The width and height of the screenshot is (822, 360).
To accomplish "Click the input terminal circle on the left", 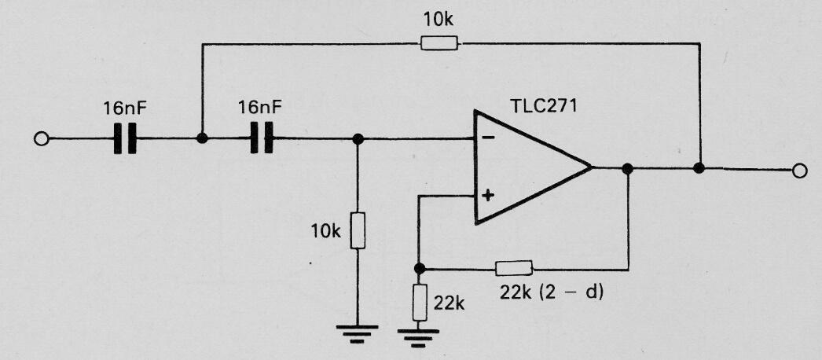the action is tap(41, 139).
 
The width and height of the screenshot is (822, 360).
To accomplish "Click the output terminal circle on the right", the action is tap(799, 171).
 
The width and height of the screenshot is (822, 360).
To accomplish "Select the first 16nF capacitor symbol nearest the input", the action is tap(125, 138).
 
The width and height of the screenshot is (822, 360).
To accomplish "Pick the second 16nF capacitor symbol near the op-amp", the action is tap(262, 138).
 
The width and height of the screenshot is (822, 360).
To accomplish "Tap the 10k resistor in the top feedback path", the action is tap(439, 43).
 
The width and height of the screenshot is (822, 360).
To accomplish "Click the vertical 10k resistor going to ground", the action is tap(358, 230).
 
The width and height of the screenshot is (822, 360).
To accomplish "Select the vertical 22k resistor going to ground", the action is tap(420, 303).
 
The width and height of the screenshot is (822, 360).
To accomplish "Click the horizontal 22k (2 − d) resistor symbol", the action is tap(514, 269).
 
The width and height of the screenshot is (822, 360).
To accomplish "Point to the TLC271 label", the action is tap(544, 106).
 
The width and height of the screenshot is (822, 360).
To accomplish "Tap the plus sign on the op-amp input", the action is tap(488, 196).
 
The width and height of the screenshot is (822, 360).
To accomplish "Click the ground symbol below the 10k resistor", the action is tap(357, 334).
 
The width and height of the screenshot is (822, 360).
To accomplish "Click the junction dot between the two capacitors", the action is tap(202, 138).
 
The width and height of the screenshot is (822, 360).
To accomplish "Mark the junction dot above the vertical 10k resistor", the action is tap(358, 139).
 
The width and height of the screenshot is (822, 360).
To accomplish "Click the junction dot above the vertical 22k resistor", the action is tap(419, 269).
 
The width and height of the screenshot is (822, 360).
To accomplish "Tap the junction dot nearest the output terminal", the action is tap(699, 168).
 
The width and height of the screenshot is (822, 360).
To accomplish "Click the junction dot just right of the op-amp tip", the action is tap(628, 168).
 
